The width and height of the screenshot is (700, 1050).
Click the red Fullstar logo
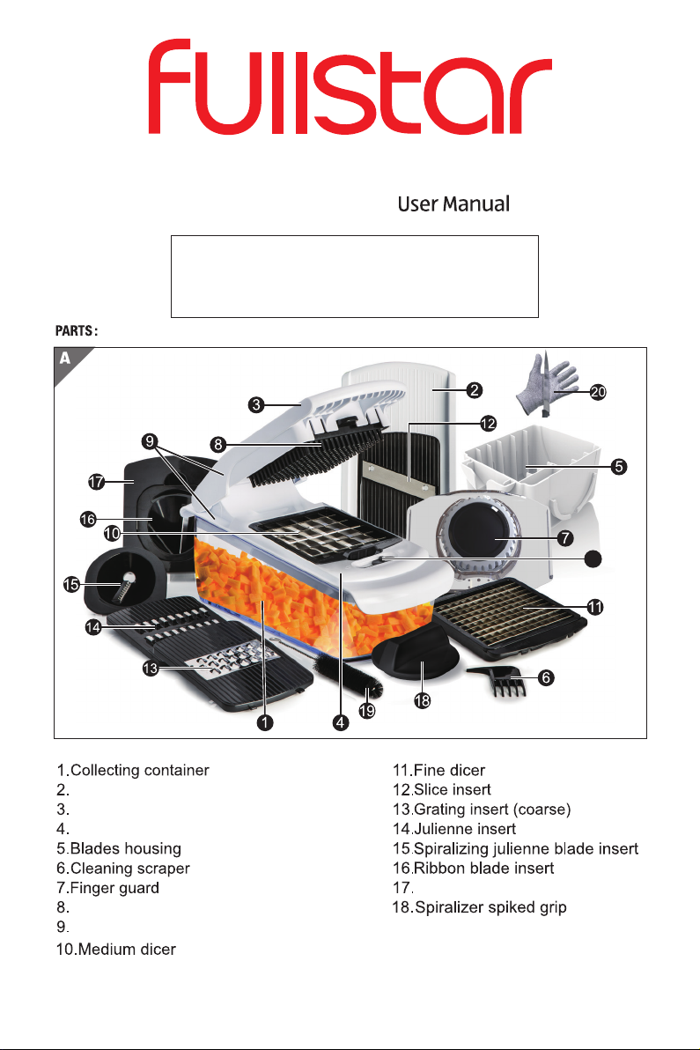click(350, 88)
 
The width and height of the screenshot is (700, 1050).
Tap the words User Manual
click(453, 204)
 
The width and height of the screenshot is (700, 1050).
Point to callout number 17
click(96, 482)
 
